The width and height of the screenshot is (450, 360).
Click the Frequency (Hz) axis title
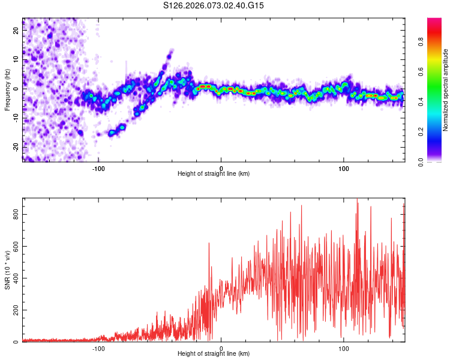pos(7,89)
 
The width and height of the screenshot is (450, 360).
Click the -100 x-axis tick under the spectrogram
pos(98,168)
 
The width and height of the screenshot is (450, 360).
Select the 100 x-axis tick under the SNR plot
pos(344,348)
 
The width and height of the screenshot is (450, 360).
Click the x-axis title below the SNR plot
pos(214,354)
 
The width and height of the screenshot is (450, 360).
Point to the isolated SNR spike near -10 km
pos(209,244)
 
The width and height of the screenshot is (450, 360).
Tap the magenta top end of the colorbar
pos(434,20)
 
